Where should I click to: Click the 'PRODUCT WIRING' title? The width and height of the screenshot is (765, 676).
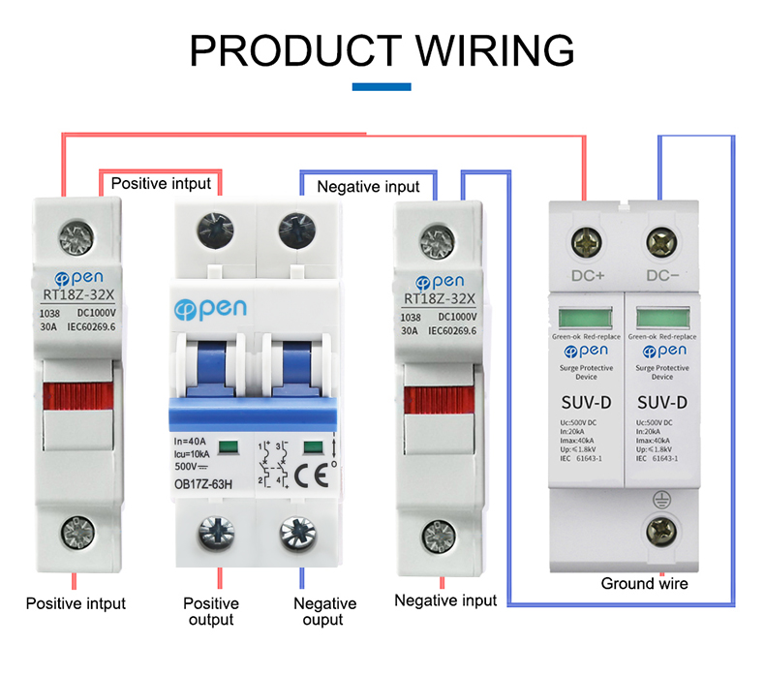(x=382, y=49)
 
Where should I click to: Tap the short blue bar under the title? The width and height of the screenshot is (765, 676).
(x=382, y=87)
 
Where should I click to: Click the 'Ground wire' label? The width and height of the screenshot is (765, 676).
(x=644, y=583)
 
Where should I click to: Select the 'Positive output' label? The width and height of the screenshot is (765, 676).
(x=210, y=611)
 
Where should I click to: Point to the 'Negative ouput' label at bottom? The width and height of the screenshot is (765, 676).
(x=324, y=611)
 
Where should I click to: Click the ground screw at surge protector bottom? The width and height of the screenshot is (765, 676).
(x=661, y=529)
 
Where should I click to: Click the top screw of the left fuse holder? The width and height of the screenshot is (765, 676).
(x=76, y=233)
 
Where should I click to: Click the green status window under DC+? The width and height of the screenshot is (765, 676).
(x=585, y=319)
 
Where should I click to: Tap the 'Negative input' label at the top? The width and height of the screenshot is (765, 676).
(x=368, y=187)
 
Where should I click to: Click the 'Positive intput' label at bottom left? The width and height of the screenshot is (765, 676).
(x=76, y=603)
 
